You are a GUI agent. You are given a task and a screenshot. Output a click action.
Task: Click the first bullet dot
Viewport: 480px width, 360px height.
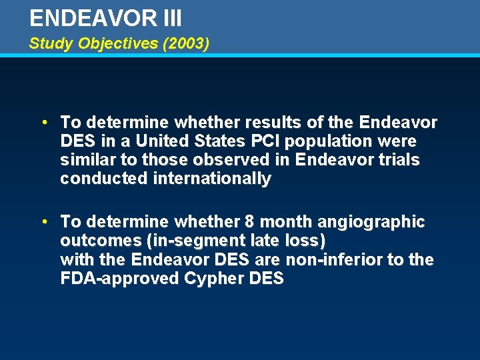pos(43,123)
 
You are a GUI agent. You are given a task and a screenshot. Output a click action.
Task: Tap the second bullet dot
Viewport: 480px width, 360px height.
pos(43,221)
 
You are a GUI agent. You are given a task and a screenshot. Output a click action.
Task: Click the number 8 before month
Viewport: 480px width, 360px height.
pos(265,221)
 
